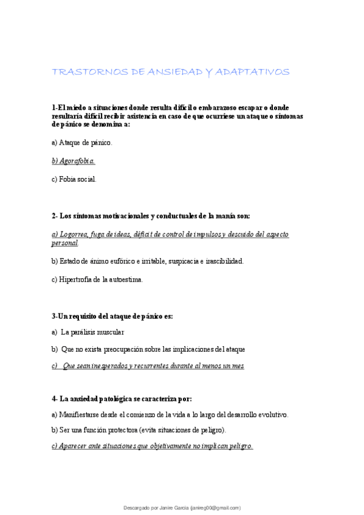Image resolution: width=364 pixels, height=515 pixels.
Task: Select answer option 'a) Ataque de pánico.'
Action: pyautogui.click(x=82, y=143)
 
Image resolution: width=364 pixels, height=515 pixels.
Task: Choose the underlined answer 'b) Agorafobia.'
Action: pyautogui.click(x=74, y=161)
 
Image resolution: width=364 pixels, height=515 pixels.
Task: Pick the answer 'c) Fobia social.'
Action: pyautogui.click(x=74, y=179)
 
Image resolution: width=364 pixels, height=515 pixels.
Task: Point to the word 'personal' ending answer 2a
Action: pyautogui.click(x=64, y=243)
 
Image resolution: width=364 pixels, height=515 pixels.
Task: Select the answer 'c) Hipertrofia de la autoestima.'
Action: pyautogui.click(x=97, y=279)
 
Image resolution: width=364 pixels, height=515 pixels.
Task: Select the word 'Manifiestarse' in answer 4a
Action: pyautogui.click(x=79, y=415)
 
